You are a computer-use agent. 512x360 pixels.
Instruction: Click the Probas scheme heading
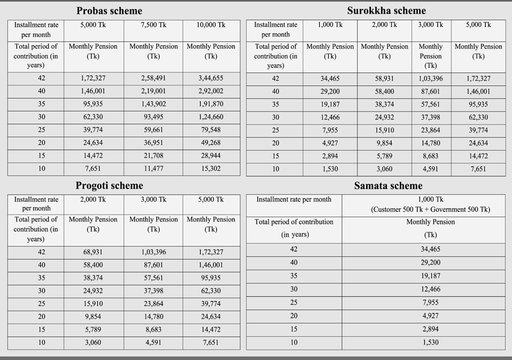109,11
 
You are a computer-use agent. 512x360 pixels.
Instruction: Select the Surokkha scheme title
386,11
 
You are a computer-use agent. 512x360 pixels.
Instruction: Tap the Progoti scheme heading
109,186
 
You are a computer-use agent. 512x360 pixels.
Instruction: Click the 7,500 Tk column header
154,25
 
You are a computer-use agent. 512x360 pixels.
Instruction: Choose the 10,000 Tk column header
210,25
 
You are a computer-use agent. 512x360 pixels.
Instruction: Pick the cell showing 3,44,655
210,78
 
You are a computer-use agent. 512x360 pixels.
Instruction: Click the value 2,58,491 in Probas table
154,78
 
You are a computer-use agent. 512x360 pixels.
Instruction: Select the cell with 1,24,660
210,117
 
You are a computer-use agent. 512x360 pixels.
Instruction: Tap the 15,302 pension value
210,169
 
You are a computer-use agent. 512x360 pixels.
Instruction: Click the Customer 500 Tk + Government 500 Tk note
430,209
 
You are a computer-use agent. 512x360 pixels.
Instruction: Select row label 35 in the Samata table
294,276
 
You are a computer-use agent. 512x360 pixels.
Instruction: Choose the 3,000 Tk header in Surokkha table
430,25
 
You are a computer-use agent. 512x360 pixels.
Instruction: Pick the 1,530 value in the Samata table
430,342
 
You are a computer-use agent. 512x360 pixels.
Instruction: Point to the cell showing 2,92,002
210,92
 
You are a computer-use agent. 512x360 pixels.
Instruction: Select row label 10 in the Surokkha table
275,169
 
